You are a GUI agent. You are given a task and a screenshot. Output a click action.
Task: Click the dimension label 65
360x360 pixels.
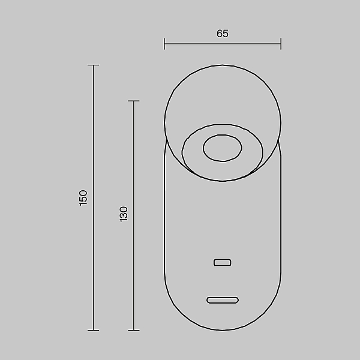tap(223, 34)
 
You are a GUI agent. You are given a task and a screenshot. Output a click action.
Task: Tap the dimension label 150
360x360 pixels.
tap(83, 197)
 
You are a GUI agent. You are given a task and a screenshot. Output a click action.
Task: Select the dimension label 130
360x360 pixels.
tap(124, 214)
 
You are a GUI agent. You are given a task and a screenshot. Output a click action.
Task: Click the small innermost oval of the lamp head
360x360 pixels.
tap(223, 148)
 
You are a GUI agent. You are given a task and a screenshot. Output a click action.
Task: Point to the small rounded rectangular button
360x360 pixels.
tap(223, 262)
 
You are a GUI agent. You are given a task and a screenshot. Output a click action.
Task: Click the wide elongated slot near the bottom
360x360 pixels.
tap(223, 300)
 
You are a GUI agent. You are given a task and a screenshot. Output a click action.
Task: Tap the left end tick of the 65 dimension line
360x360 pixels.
tap(164, 44)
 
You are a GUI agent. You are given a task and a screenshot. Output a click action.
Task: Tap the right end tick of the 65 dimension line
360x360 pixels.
tap(281, 44)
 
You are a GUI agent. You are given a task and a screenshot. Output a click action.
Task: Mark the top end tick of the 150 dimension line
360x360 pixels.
tap(93, 65)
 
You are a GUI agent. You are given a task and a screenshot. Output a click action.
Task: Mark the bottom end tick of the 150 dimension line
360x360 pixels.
tap(93, 331)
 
